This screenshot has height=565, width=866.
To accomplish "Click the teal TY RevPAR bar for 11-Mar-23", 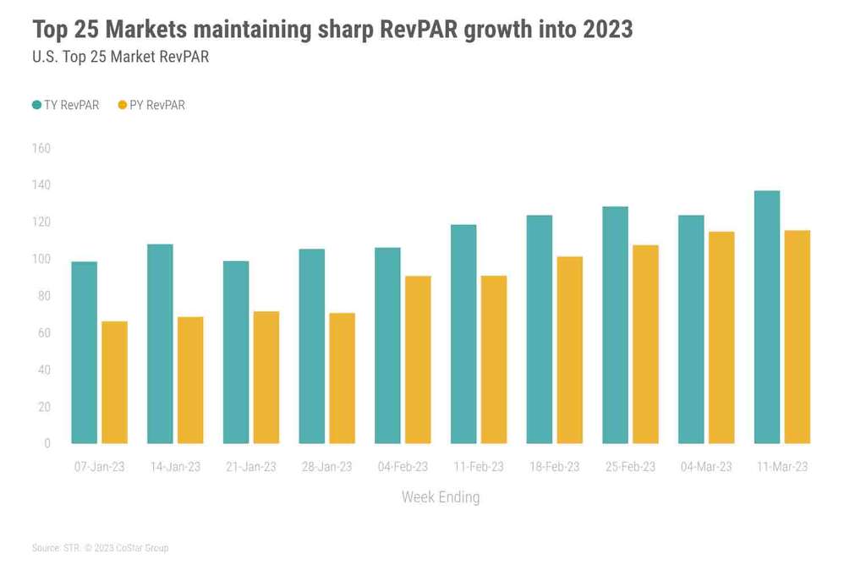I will point(767,317).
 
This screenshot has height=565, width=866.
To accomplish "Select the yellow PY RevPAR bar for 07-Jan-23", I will point(114,382).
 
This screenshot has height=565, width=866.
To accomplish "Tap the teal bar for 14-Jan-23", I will point(160,343).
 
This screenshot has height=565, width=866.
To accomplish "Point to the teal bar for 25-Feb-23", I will point(615,325).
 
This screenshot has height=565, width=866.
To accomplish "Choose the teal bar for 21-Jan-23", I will point(236,352).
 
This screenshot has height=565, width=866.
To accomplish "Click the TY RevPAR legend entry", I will point(65,106).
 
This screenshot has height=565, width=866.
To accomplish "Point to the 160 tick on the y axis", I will point(41,149).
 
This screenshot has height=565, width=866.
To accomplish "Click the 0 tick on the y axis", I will point(47,443).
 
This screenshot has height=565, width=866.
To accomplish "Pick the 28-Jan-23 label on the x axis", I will point(326,467).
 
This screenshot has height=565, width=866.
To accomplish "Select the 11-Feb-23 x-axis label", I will point(478,467).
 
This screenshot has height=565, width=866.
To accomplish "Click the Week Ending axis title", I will point(440,497).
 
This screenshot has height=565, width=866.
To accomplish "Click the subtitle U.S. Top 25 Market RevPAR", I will point(120,58).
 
